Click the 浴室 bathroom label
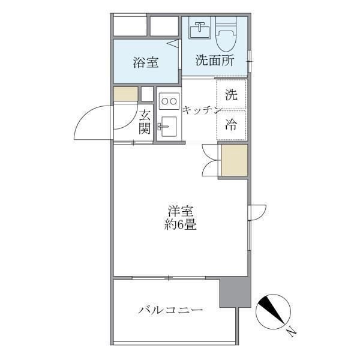click(146, 62)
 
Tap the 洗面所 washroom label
click(215, 60)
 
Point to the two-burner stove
click(169, 101)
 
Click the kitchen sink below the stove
click(168, 127)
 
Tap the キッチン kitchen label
click(202, 110)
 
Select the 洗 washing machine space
click(232, 94)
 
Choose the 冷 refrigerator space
click(232, 125)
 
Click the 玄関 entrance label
click(145, 122)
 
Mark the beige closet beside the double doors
click(234, 160)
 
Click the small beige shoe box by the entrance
click(126, 94)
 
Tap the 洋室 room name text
click(181, 211)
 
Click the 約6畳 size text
click(181, 224)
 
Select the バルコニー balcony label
click(170, 310)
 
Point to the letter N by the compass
click(292, 331)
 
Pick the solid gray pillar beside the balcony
click(235, 292)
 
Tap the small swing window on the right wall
click(257, 212)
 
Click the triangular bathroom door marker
click(173, 44)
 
